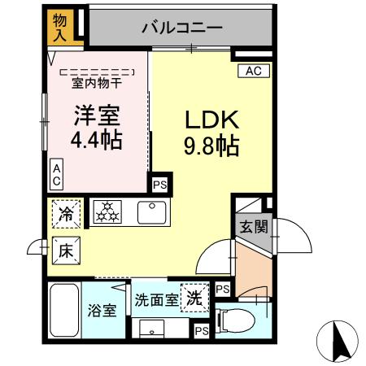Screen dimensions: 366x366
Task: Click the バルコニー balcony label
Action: [x=181, y=28]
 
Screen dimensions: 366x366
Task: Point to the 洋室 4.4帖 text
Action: [x=96, y=129]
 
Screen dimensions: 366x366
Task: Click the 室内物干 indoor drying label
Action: [x=96, y=82]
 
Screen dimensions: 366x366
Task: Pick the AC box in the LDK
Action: [x=253, y=72]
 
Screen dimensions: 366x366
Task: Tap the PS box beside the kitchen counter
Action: [x=160, y=185]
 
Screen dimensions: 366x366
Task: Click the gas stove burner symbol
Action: [x=106, y=213]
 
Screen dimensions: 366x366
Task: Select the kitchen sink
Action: [x=152, y=213]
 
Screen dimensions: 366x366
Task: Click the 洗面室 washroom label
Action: [x=157, y=298]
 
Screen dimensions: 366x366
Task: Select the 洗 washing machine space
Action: [x=194, y=296]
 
